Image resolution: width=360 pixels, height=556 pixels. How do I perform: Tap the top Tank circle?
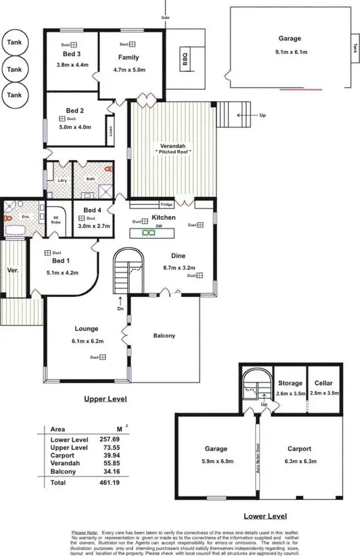pos(14,42)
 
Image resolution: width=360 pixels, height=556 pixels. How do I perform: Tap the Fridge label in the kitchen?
pos(167,205)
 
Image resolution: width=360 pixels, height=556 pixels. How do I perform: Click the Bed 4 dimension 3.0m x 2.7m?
pos(96,226)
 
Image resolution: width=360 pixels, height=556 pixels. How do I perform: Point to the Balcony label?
pos(164,336)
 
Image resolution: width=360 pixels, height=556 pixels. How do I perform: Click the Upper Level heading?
pos(106,399)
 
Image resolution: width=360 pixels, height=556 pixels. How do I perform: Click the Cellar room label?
pos(324,383)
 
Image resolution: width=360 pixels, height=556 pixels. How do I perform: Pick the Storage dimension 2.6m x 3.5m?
pos(290,393)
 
